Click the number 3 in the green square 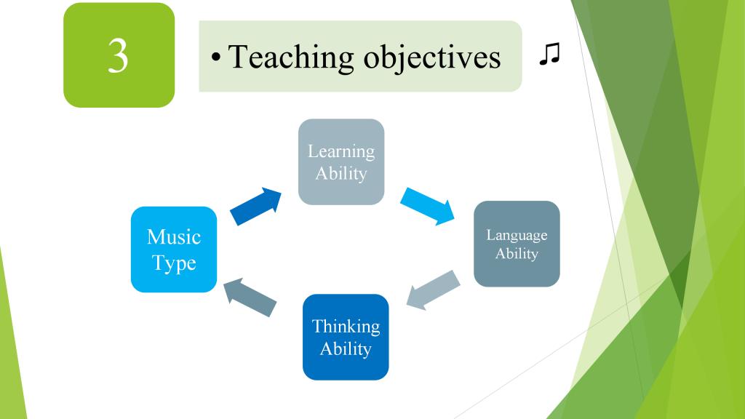(x=118, y=55)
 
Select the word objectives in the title (x=432, y=58)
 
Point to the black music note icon (x=550, y=54)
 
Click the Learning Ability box (x=341, y=162)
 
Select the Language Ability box (x=517, y=244)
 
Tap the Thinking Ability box (x=346, y=337)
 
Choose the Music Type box (x=174, y=250)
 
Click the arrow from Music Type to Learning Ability (x=256, y=206)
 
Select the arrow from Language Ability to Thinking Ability (x=434, y=290)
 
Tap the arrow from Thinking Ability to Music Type (x=250, y=298)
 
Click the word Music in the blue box (x=174, y=236)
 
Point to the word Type (x=174, y=263)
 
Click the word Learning (x=341, y=152)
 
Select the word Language (x=517, y=236)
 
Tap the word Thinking (x=346, y=327)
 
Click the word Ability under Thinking (x=346, y=349)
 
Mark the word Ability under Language (x=517, y=254)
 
